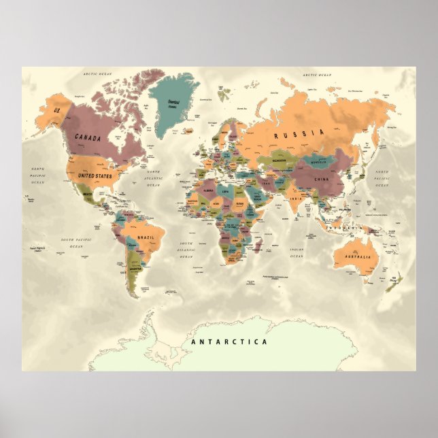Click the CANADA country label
(88, 137)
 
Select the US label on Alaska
(57, 110)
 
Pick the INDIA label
(294, 198)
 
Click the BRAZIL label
(147, 237)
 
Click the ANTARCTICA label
(229, 342)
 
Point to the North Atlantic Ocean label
(153, 178)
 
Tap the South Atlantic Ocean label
(186, 250)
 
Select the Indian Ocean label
(296, 252)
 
